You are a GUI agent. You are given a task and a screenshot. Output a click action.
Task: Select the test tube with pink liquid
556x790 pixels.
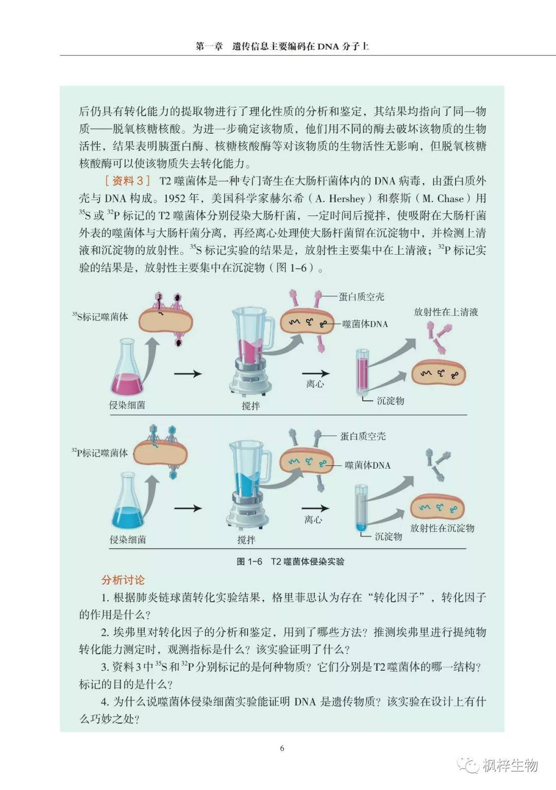click(362, 372)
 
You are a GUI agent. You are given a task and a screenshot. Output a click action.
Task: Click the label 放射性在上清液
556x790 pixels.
click(446, 312)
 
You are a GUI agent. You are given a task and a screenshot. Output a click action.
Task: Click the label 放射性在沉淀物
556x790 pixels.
click(442, 528)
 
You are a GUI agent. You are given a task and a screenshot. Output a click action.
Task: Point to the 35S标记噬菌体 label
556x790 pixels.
click(100, 317)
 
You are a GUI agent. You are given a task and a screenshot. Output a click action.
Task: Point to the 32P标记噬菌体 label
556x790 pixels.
click(100, 453)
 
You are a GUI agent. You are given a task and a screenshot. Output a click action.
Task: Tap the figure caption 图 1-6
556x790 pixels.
click(249, 562)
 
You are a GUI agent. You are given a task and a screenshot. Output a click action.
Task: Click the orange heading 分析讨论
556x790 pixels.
click(123, 580)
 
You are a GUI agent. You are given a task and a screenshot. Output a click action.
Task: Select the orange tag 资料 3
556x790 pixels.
click(127, 181)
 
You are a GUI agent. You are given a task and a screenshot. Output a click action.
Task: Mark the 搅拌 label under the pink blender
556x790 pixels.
click(251, 406)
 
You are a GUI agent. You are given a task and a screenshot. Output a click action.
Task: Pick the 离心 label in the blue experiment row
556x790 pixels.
click(314, 519)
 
